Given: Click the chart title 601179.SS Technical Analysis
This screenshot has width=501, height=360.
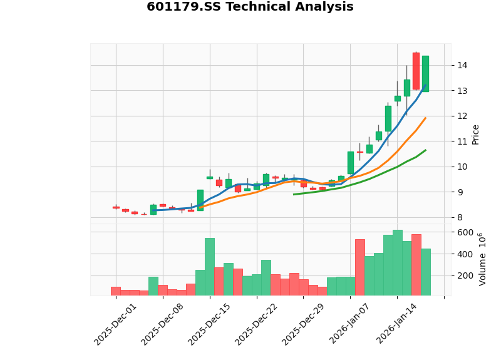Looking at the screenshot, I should (x=250, y=8).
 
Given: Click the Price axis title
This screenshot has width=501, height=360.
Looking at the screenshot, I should (x=475, y=134).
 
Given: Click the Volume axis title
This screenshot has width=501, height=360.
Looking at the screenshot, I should (x=482, y=259).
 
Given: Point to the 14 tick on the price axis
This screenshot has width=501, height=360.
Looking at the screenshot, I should (x=462, y=66).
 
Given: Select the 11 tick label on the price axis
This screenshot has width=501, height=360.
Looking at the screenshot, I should (x=462, y=141).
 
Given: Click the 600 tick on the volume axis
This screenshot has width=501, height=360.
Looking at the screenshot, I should (x=465, y=232).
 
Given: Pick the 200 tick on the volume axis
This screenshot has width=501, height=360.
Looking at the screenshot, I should (x=465, y=275).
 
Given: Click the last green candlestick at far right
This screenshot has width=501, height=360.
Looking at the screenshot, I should (x=425, y=74).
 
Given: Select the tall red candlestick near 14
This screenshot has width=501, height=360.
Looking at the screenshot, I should (x=416, y=71).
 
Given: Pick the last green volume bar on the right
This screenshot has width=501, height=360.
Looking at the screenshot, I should (x=425, y=272).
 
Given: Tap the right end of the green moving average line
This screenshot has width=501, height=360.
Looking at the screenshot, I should (x=426, y=150).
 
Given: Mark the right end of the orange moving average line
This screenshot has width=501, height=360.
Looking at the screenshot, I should (x=426, y=118).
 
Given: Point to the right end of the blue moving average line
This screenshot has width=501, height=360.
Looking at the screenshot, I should (x=426, y=86).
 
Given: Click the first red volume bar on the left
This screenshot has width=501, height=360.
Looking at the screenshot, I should (x=115, y=291).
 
